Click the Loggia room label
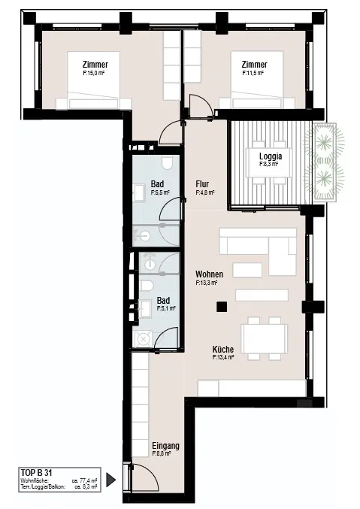[x=271, y=156]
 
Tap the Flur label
[x=202, y=184]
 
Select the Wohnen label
[x=209, y=274]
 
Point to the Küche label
[x=223, y=350]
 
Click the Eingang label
[x=165, y=446]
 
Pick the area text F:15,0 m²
[x=94, y=74]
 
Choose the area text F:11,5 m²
[x=253, y=74]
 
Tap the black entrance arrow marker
[x=110, y=480]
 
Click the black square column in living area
[x=222, y=307]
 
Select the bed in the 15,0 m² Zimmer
[x=93, y=80]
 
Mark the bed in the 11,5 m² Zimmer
[x=257, y=80]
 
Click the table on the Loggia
[x=269, y=162]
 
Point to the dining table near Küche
[x=265, y=339]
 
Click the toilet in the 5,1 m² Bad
[x=147, y=286]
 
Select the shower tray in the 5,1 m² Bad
[x=142, y=339]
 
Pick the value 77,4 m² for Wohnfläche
[x=85, y=480]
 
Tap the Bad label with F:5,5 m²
[x=157, y=184]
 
